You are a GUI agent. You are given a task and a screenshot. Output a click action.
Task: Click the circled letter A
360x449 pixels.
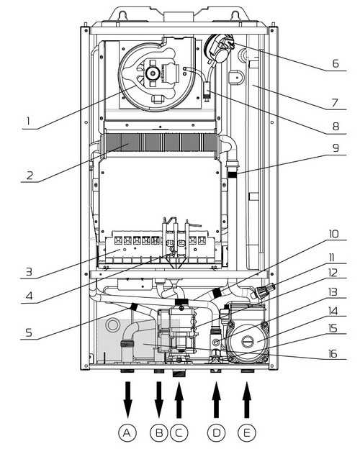tap(127, 432)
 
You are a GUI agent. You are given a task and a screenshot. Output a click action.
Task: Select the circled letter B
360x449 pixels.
tap(159, 432)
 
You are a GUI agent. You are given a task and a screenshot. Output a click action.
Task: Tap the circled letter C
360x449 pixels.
tap(179, 432)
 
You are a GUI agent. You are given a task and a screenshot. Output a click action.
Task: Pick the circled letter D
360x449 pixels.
tap(217, 432)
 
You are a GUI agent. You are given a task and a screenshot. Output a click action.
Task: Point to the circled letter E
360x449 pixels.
tap(247, 432)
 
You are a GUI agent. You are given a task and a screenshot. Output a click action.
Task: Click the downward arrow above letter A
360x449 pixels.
tap(128, 399)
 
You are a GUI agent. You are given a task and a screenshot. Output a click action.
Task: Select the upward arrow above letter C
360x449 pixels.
tap(179, 399)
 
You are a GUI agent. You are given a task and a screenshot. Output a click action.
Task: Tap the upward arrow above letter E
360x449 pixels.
tap(247, 399)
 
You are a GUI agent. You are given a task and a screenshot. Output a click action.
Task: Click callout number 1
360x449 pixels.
tap(28, 122)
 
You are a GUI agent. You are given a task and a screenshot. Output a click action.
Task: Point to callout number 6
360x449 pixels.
tap(336, 63)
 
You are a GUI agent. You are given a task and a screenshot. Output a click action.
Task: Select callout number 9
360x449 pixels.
tap(336, 148)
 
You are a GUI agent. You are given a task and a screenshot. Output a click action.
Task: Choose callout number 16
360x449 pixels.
tap(333, 354)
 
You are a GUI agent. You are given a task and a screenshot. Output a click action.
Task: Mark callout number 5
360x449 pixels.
tap(29, 332)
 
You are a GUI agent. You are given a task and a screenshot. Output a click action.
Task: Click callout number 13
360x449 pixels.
tap(333, 292)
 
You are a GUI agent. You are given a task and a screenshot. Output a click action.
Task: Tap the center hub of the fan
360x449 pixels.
tap(151, 73)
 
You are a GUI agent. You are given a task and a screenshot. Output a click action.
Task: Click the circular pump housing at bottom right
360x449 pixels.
tap(247, 342)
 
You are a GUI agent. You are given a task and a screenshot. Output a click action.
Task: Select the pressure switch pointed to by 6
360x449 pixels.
tap(219, 47)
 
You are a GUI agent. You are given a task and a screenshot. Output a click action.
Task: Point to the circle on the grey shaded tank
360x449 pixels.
tap(112, 325)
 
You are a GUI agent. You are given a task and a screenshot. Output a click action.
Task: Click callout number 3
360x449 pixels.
tap(29, 271)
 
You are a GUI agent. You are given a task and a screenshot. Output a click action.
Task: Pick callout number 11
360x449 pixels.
tap(332, 258)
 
